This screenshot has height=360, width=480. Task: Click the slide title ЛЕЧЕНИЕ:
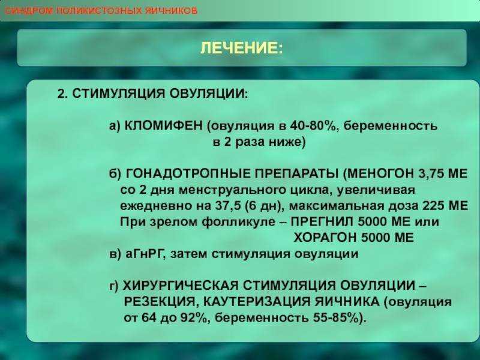coord(242,48)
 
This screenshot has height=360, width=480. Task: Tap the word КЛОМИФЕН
coord(164,125)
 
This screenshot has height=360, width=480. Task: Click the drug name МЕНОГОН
coord(380,173)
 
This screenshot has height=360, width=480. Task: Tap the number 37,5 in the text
coord(228,205)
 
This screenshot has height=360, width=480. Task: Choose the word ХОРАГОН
coord(325,237)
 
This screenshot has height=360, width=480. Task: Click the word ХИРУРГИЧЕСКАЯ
coord(181,286)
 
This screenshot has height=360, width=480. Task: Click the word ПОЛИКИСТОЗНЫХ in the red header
coord(100,11)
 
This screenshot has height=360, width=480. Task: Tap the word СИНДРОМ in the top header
coord(29,11)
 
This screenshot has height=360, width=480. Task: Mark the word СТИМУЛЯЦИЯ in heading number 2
coord(119,93)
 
